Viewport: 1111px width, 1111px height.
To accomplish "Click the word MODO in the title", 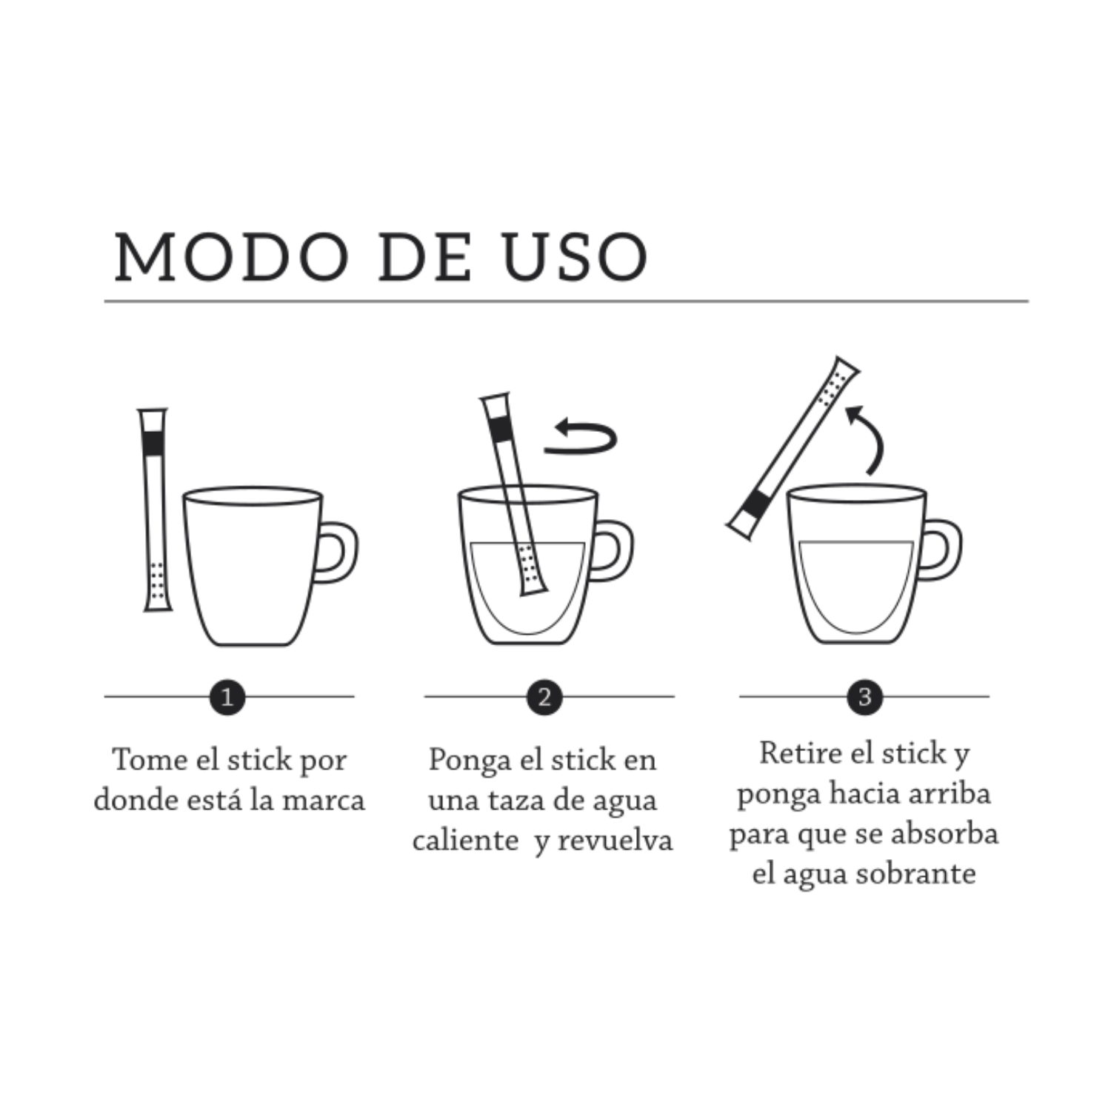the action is pos(231,257).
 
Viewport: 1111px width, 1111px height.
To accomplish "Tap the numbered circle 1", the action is pos(227,697).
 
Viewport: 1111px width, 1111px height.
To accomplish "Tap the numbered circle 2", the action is pos(544,697).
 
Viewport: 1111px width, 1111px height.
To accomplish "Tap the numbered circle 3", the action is pos(864,697).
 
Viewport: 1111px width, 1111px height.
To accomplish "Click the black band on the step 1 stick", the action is pos(154,443).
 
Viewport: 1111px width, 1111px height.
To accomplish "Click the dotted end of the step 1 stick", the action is pos(157,585).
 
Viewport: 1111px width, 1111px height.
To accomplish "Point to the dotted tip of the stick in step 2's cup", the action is pos(530,569).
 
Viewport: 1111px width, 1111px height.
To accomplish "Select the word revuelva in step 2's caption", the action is pos(615,840).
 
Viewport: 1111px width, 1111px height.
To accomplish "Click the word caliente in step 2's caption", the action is pos(465,840).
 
